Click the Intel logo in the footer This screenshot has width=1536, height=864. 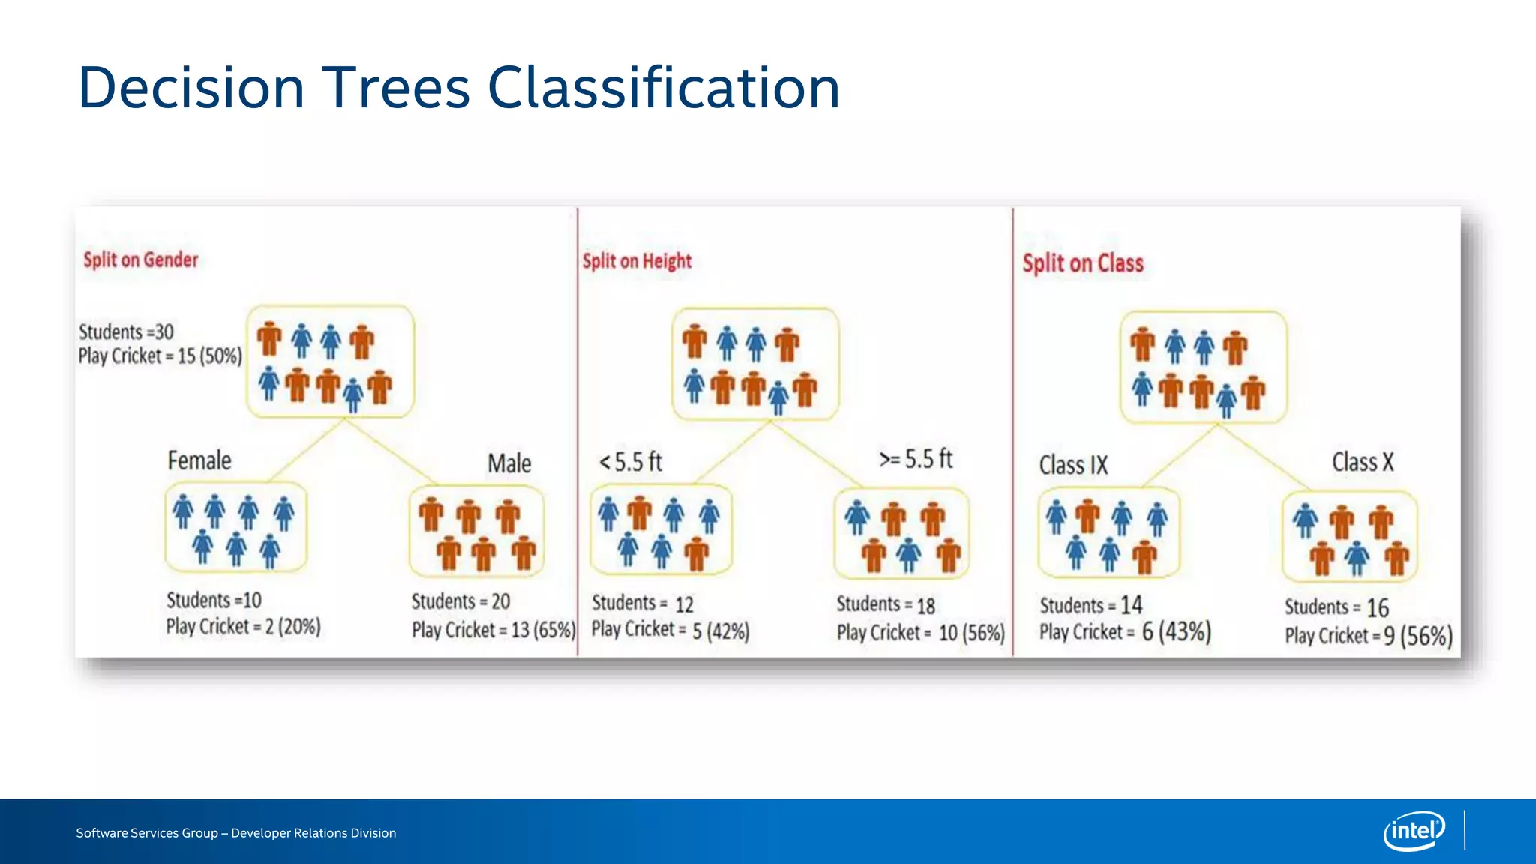coord(1414,831)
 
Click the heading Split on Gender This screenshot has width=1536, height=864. coord(141,259)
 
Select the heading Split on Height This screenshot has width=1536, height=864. coord(637,261)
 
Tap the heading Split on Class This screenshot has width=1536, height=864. coord(1083,263)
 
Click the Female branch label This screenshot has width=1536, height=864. coord(199,460)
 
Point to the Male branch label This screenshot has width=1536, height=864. coord(509,463)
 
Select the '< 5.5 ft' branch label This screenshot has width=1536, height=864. coord(631,461)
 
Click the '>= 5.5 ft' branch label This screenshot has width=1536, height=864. coord(916,458)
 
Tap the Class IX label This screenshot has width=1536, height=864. coord(1073,465)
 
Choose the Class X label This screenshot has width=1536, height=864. coord(1363,462)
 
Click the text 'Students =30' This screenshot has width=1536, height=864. coord(126,331)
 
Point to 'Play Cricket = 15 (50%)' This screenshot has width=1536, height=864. coord(160,355)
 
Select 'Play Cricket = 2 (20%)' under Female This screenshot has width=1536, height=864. coord(243,626)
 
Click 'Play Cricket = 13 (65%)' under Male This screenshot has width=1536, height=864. coord(493,630)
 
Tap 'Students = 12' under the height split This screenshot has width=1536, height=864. coord(643,604)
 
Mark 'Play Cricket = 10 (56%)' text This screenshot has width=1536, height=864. coord(920,633)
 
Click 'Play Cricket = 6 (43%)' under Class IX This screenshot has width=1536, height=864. coord(1125,632)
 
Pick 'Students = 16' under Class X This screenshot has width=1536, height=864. coord(1336,607)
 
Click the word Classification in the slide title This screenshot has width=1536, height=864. coord(664,88)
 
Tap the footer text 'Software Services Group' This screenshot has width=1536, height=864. coord(147,833)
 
